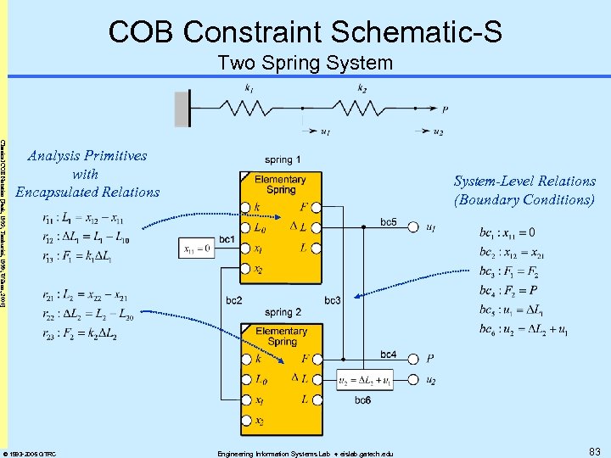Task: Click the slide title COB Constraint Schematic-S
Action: pyautogui.click(x=305, y=32)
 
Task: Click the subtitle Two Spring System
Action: pyautogui.click(x=305, y=63)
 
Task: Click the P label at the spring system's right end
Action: pyautogui.click(x=446, y=109)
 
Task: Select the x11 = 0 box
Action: pyautogui.click(x=199, y=249)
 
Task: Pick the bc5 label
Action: pyautogui.click(x=388, y=222)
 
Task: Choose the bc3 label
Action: pyautogui.click(x=333, y=301)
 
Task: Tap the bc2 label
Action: pyautogui.click(x=234, y=301)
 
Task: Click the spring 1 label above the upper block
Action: pyautogui.click(x=282, y=159)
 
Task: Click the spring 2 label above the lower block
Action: pyautogui.click(x=282, y=312)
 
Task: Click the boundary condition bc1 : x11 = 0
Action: pyautogui.click(x=507, y=232)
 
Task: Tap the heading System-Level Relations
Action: pyautogui.click(x=524, y=181)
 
